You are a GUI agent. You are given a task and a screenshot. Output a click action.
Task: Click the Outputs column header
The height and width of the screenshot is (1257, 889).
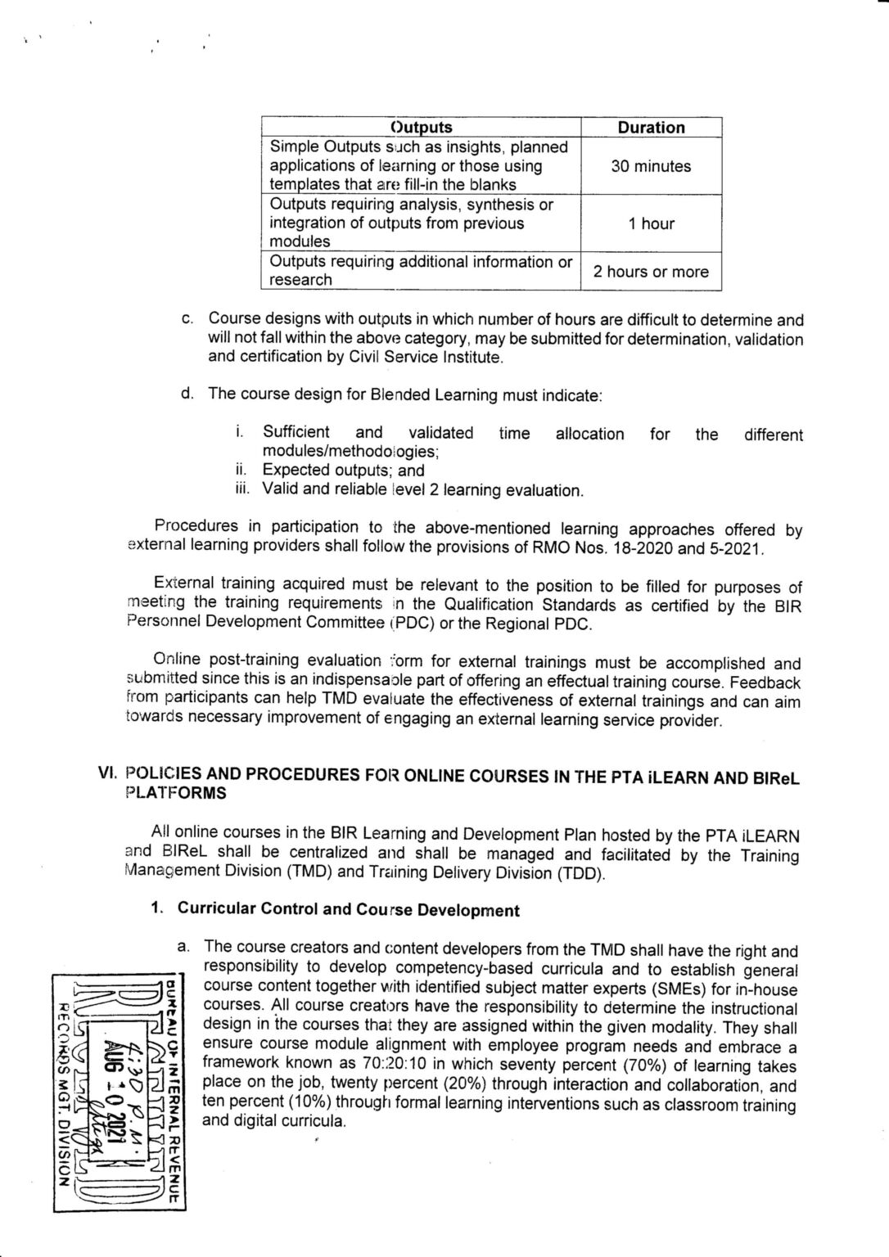[421, 128]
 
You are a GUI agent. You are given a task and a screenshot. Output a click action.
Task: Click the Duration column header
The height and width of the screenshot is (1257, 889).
[651, 128]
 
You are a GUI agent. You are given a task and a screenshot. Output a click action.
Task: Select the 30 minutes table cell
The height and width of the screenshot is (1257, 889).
[651, 166]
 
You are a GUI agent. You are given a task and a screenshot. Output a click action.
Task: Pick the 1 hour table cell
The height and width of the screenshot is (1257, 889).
[651, 223]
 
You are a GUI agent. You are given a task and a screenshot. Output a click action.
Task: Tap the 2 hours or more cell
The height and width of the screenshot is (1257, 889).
[651, 272]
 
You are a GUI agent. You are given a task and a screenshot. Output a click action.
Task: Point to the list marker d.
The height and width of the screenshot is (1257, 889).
[187, 394]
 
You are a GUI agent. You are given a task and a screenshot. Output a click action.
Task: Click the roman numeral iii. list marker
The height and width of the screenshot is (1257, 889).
[243, 489]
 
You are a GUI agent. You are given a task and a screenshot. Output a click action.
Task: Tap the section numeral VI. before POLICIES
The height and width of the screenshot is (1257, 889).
[107, 775]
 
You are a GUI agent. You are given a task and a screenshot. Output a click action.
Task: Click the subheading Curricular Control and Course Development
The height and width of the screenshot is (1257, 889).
[348, 910]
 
